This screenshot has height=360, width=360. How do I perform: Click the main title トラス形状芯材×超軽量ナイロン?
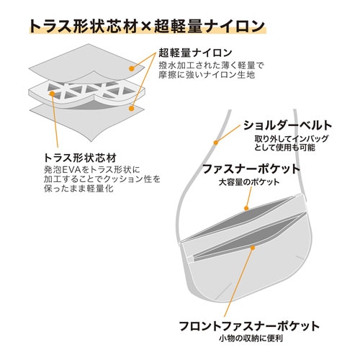point(147,26)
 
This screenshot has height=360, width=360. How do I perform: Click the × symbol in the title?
point(145,27)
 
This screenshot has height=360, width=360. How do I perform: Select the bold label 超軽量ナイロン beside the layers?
point(195,53)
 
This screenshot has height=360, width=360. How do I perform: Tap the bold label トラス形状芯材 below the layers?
point(80,158)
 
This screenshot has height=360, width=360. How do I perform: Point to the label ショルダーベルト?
point(287,125)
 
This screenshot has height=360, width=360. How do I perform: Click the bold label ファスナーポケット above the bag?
point(251,169)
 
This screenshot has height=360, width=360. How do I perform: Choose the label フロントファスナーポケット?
point(249,326)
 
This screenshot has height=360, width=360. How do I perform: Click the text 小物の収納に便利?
point(251,338)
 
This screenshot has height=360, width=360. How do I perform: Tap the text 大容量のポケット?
point(249,182)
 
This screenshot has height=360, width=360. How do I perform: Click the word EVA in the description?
point(72,170)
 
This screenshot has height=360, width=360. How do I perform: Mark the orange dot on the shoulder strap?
point(216,143)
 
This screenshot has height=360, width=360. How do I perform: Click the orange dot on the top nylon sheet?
point(131,69)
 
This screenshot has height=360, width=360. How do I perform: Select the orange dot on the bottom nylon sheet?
point(131,109)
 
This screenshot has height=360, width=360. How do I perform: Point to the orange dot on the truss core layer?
point(52,94)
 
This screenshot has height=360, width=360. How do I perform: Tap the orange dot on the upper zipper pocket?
point(246,208)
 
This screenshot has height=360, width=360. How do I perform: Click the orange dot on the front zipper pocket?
point(253,248)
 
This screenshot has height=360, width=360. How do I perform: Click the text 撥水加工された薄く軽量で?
point(211,66)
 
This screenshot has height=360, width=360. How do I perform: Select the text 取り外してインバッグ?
point(291,139)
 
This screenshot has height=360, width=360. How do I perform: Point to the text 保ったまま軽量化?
point(78,189)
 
